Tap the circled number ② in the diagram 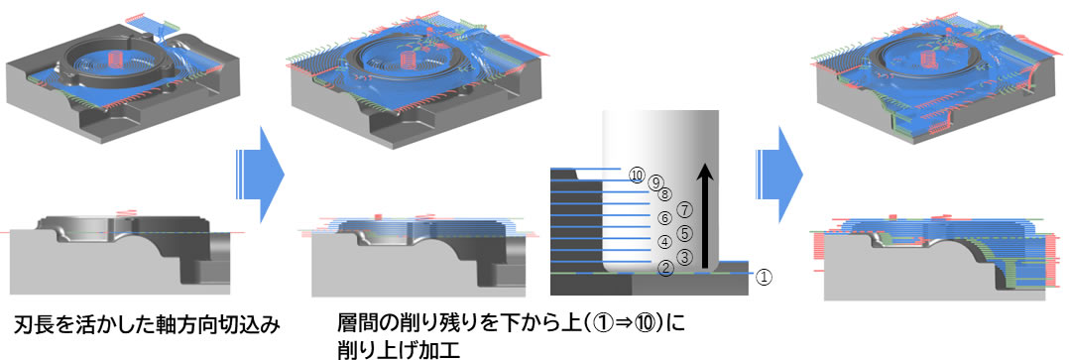click(666, 266)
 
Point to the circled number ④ click(666, 242)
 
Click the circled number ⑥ click(666, 218)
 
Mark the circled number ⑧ click(665, 193)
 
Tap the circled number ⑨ click(654, 182)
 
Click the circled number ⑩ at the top click(637, 175)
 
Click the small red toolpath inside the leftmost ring click(116, 62)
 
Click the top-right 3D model click(932, 83)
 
